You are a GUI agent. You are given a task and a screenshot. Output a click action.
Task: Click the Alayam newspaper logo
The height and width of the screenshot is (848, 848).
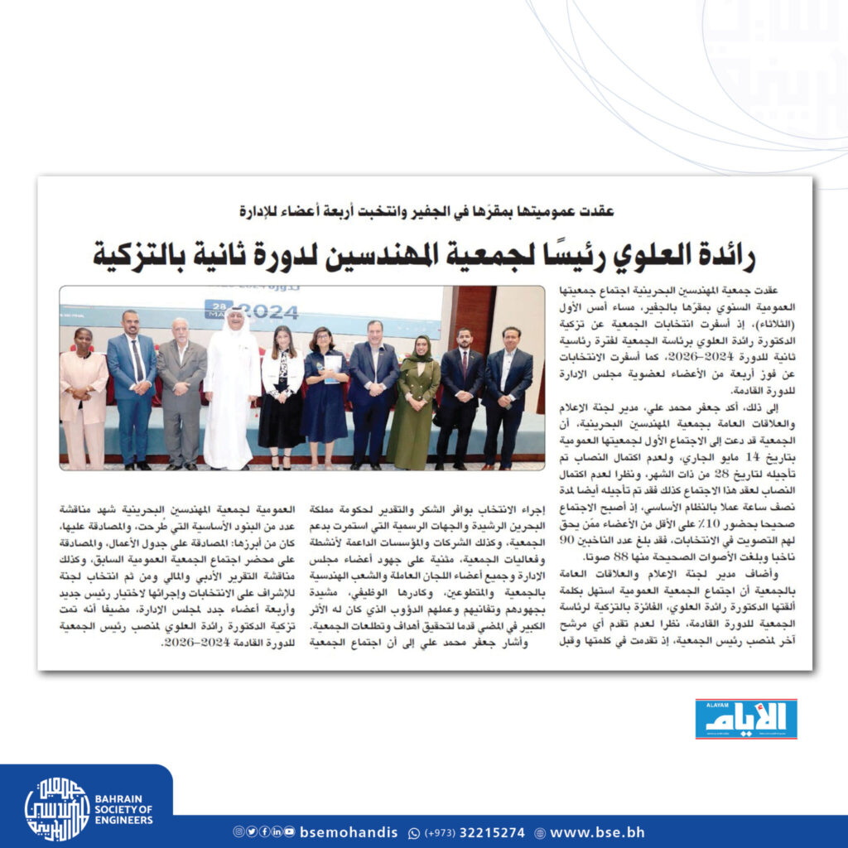[745, 719]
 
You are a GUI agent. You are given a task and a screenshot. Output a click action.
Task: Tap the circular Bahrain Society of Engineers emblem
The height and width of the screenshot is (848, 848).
[57, 808]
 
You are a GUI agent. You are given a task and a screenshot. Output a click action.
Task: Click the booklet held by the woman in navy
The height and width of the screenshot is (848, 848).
[332, 369]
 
